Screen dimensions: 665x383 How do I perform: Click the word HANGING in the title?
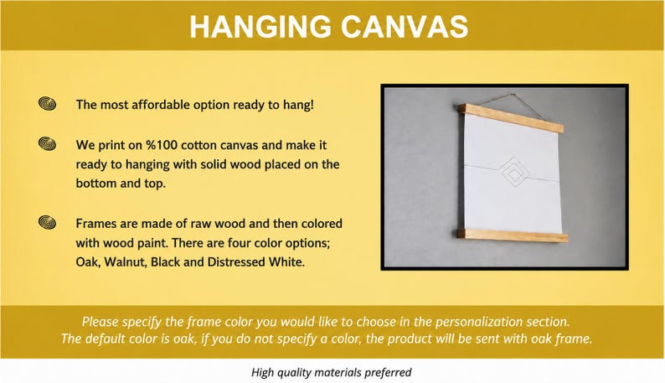coord(260,27)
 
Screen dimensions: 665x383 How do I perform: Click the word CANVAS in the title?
coord(405,27)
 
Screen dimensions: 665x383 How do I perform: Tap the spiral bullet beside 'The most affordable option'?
coord(47,104)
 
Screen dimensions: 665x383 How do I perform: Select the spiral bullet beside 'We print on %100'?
coord(47,144)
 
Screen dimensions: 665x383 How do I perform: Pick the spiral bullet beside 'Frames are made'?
coord(47,222)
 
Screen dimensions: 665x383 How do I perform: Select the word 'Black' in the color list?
coord(165,262)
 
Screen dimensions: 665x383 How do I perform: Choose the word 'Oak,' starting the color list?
coord(88,262)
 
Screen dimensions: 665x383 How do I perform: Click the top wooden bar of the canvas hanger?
coord(511,118)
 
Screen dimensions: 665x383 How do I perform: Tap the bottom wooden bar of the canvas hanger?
coord(512,235)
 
